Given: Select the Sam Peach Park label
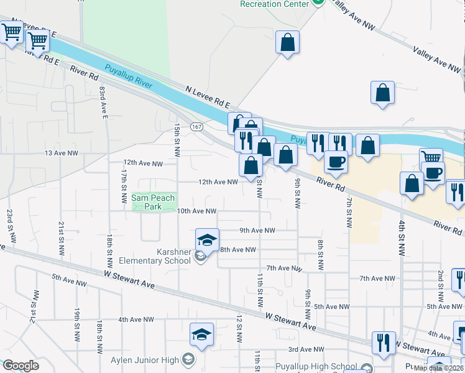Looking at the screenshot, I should pos(153,202).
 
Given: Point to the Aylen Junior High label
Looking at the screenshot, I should pos(145,360).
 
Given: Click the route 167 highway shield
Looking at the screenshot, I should pos(196,127).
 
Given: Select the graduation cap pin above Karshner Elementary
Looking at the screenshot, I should pos(208,239).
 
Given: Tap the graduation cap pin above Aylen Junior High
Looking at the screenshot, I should pos(201,334).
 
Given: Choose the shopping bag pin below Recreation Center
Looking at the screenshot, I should pos(287,43).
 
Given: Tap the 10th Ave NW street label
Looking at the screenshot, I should pos(196,211).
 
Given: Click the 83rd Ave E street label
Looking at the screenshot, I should pos(103,103).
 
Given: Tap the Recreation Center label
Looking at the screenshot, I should pos(274,4).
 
